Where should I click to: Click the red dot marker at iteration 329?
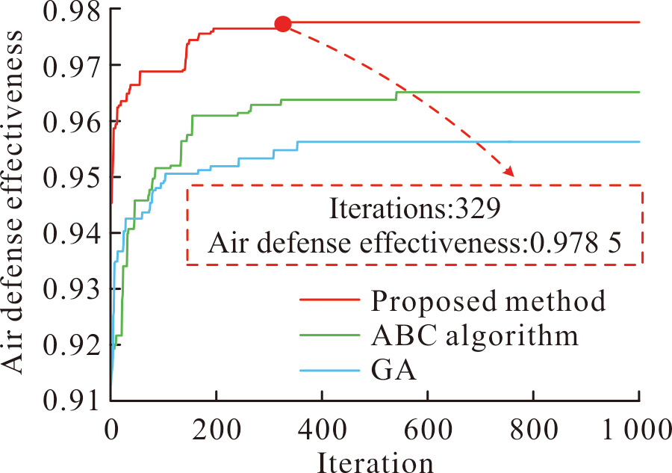[x=283, y=25]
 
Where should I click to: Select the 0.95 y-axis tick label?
[x=72, y=176]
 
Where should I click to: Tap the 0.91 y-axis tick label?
[x=72, y=401]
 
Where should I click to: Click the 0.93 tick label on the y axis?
[x=72, y=288]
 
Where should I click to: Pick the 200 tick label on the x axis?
[x=217, y=429]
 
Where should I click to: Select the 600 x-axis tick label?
[x=428, y=429]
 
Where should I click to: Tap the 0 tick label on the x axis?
[x=111, y=429]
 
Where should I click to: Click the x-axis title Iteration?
[x=375, y=462]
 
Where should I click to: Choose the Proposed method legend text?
[x=488, y=300]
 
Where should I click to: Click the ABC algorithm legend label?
[x=474, y=335]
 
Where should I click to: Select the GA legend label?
[x=393, y=370]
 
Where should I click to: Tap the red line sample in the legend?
[x=329, y=300]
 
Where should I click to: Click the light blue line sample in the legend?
[x=329, y=370]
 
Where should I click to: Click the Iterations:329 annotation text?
[x=414, y=208]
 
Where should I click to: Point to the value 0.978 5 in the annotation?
[x=575, y=244]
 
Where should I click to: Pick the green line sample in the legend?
[x=329, y=335]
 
